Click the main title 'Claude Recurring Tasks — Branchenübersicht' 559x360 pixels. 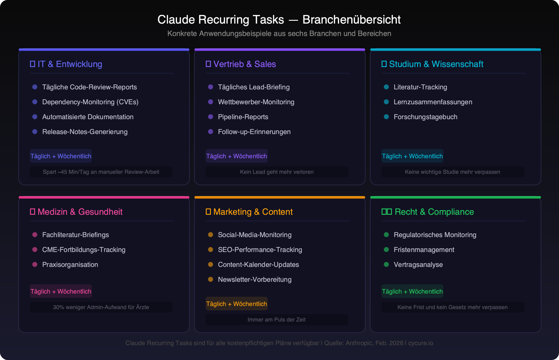coord(279,20)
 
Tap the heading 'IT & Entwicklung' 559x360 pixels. coord(70,64)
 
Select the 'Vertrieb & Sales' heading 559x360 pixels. coord(244,64)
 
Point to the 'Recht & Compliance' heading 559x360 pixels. coord(434,212)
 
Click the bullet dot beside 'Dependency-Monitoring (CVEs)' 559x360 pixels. coord(35,102)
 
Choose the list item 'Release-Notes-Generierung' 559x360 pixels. coord(85,132)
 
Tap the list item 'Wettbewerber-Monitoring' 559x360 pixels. coord(256,102)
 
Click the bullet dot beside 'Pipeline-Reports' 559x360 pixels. coord(211,117)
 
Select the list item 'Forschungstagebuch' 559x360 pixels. coord(425,117)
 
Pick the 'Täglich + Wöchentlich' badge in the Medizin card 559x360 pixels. coord(61,291)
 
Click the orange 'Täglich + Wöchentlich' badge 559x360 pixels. coord(237,304)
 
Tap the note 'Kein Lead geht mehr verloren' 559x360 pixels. coord(277,172)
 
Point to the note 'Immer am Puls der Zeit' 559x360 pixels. coord(277,320)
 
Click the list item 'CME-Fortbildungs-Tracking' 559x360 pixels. coord(84,250)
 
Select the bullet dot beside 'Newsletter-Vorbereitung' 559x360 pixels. coord(211,279)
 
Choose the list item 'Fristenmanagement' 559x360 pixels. coord(424,250)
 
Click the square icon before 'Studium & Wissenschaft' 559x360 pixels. coord(384,64)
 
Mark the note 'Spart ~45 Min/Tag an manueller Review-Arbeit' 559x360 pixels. coord(101,172)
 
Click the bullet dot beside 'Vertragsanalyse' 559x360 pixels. coord(386,264)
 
